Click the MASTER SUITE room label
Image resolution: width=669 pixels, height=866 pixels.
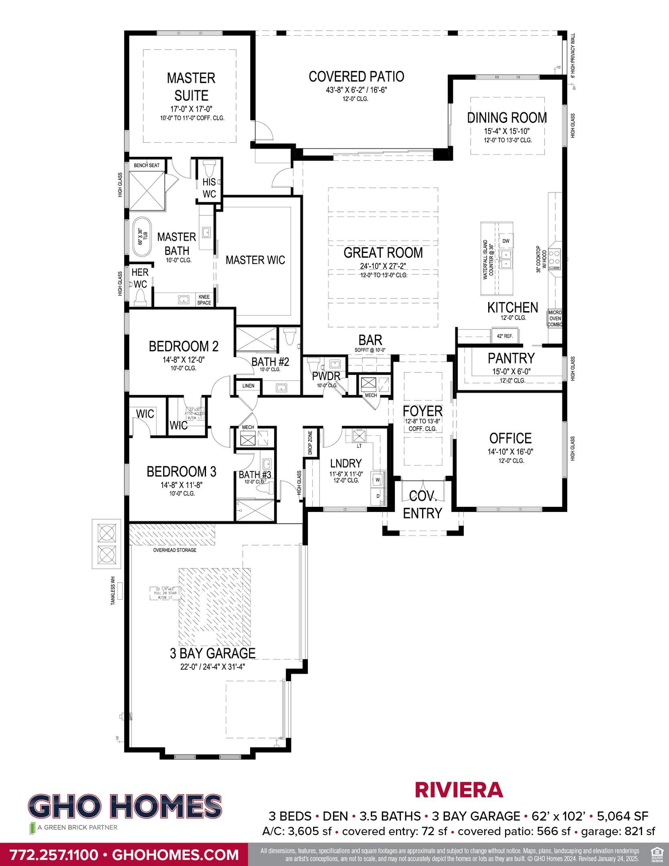tap(191, 87)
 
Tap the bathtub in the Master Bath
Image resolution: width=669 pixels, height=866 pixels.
tap(140, 237)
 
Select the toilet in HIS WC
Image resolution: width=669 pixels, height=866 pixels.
tap(209, 166)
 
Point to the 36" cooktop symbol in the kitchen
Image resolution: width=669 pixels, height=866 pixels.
tap(555, 259)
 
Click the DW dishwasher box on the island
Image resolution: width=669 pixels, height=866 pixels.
tap(506, 241)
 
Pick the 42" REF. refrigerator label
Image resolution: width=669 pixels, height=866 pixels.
tap(505, 336)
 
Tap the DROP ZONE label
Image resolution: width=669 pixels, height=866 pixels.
tap(310, 443)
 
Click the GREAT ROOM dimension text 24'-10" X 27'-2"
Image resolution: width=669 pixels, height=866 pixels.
tap(383, 266)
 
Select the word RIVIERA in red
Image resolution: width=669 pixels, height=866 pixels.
tap(459, 790)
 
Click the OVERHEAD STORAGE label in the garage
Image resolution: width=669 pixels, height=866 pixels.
tap(175, 550)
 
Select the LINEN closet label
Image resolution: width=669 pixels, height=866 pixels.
tap(248, 386)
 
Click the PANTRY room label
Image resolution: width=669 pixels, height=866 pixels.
tap(511, 358)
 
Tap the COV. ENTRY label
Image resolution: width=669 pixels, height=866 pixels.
tap(422, 505)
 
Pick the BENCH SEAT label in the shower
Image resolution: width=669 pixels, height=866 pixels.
tap(147, 165)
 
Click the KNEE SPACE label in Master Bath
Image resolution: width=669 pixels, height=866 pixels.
tap(204, 300)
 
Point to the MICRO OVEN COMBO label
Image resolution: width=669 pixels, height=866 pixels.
tap(555, 318)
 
